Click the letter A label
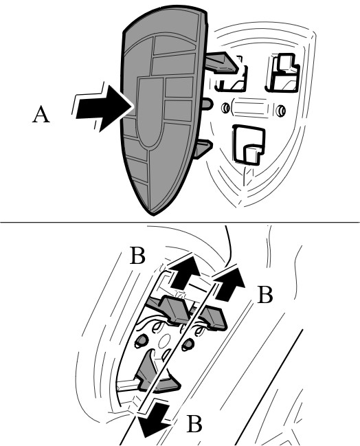tap(41, 114)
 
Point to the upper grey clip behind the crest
tap(222, 62)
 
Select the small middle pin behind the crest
tap(207, 104)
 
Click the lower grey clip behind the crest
tap(203, 148)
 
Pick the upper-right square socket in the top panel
tap(282, 73)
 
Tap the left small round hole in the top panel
tap(225, 108)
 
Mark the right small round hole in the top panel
tap(281, 111)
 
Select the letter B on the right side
tap(265, 295)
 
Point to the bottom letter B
tap(194, 424)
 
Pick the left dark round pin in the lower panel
tap(142, 340)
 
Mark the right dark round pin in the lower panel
tap(188, 344)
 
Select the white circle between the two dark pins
tap(164, 342)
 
